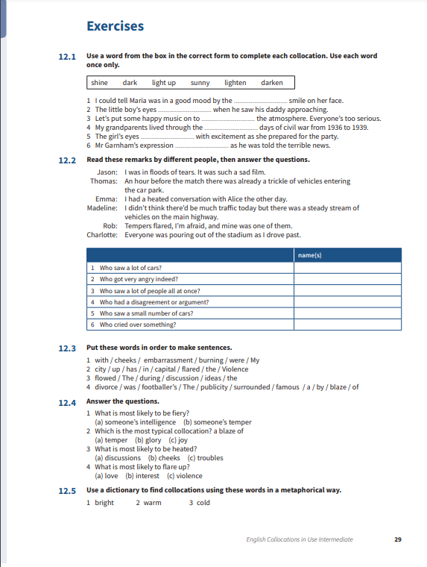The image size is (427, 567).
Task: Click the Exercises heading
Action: click(x=115, y=27)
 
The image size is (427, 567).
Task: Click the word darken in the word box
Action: click(x=272, y=83)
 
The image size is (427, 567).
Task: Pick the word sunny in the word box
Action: click(x=200, y=83)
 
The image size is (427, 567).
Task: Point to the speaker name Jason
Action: click(x=107, y=172)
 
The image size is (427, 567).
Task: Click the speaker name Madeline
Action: click(x=102, y=208)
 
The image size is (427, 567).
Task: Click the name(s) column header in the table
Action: click(x=309, y=255)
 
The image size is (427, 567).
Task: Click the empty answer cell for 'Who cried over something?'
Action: click(x=347, y=325)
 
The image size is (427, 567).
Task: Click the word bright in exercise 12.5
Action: click(x=104, y=502)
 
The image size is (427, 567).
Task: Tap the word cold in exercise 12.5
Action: click(x=203, y=502)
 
